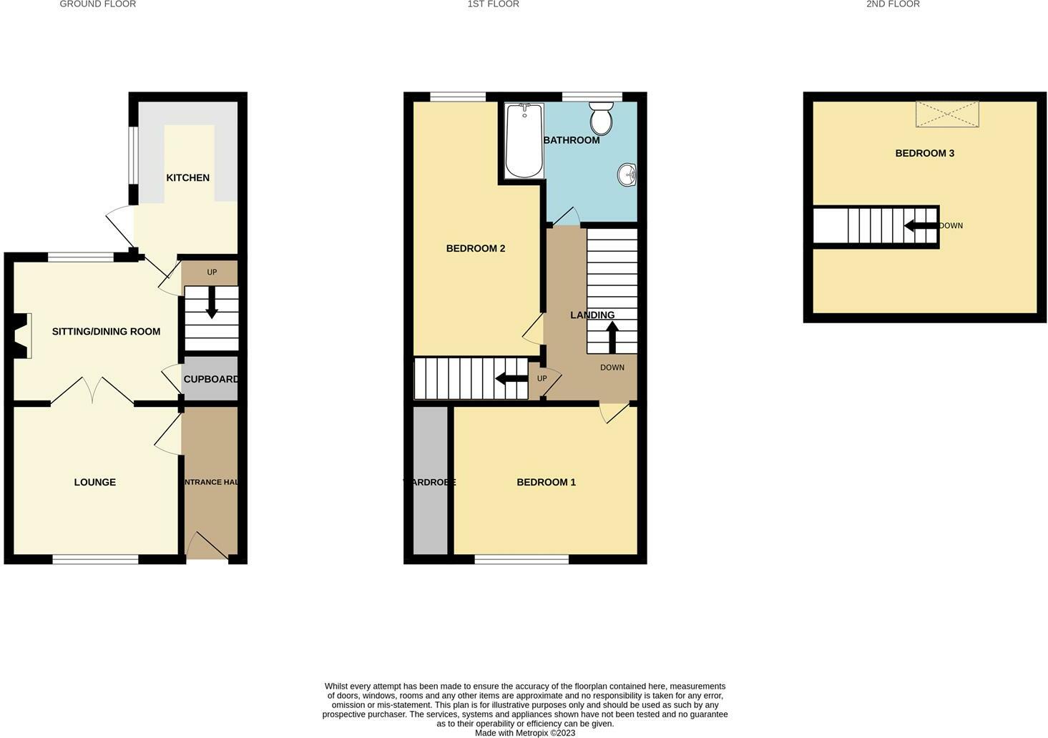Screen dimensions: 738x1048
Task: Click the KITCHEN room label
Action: (x=187, y=177)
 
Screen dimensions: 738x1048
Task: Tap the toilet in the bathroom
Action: (x=601, y=117)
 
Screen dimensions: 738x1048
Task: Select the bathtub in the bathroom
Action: (x=524, y=141)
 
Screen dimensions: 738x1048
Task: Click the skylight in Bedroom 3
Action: (x=946, y=114)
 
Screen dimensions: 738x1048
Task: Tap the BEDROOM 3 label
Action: (x=924, y=153)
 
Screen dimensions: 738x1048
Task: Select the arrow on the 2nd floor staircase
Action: (x=921, y=226)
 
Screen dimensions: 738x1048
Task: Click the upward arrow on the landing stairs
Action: (x=612, y=337)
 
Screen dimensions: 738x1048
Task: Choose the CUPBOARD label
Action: (x=210, y=379)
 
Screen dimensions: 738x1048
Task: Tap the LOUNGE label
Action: (x=94, y=482)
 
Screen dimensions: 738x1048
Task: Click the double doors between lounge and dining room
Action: (x=92, y=390)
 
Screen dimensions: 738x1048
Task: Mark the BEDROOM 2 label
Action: (x=475, y=248)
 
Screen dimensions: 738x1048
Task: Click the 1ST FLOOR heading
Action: (x=493, y=4)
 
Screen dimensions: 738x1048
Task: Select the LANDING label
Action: (x=592, y=315)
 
